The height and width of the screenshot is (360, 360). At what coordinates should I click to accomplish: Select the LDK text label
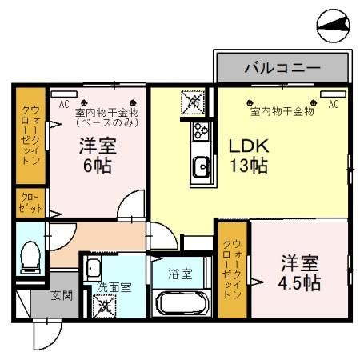click(x=248, y=148)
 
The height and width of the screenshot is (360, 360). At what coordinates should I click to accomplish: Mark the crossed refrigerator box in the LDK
click(x=193, y=102)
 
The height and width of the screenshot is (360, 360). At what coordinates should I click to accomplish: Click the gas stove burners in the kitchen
click(x=200, y=131)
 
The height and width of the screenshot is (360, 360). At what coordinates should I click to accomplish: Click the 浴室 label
click(x=179, y=274)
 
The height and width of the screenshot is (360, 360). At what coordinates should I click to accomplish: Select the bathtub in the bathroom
click(x=181, y=303)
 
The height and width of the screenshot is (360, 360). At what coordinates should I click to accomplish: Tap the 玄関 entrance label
click(x=62, y=295)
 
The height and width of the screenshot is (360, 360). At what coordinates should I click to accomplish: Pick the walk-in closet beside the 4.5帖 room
click(x=233, y=270)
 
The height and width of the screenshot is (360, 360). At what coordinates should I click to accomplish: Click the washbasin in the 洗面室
click(x=94, y=268)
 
